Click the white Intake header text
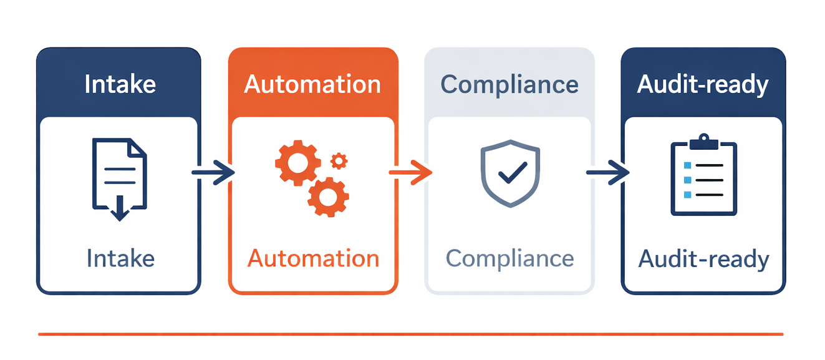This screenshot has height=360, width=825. coord(120,84)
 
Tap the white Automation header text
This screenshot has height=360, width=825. coord(312,84)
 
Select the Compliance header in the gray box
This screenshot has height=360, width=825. coord(509,84)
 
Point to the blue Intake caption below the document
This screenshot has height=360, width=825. coord(120,258)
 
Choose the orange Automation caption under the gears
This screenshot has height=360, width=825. coord(313,258)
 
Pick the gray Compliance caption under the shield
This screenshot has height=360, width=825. coord(509,258)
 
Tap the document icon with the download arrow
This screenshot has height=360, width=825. coord(119,175)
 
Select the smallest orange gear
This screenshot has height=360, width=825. coord(339,161)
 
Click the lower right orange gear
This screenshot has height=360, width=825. coord(328,197)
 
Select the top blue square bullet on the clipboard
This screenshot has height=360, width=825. coord(688,165)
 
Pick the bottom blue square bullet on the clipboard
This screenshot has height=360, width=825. coord(688,195)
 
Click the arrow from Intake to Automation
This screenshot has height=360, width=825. coord(213,172)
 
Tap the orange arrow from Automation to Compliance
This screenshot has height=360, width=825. coord(410,172)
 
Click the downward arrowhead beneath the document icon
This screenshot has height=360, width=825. coord(119,213)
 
